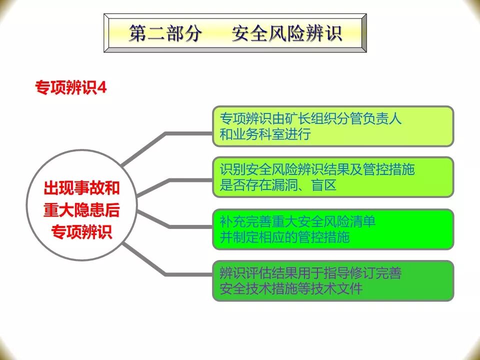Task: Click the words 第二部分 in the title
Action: point(165,33)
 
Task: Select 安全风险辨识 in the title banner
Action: point(287,33)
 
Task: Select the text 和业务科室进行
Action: point(265,134)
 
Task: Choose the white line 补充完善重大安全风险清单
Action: point(298,221)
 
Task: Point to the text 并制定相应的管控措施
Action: point(285,237)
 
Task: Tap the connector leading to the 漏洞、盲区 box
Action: point(190,179)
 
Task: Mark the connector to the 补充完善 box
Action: point(190,226)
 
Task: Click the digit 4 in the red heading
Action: point(102,87)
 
